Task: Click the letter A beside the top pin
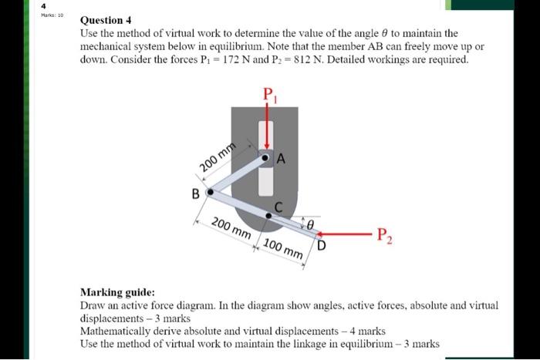(x=281, y=160)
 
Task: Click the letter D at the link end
(x=322, y=246)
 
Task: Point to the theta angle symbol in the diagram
(x=309, y=222)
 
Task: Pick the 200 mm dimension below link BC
(x=231, y=229)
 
